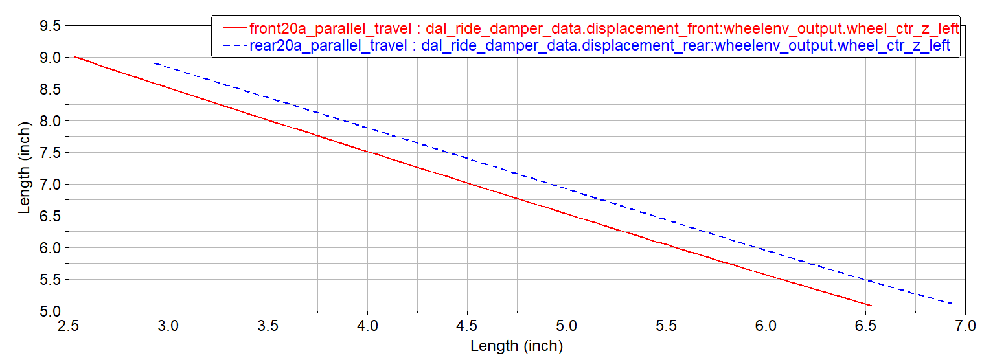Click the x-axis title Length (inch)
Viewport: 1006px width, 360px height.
point(516,346)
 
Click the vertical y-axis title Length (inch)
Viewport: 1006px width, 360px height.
point(25,168)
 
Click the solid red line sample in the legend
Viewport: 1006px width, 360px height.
point(234,29)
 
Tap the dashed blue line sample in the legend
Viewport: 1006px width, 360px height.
point(234,45)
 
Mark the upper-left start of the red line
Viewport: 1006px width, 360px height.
point(74,57)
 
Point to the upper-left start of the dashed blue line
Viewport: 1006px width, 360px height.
point(154,63)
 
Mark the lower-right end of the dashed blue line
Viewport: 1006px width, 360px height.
point(951,303)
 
